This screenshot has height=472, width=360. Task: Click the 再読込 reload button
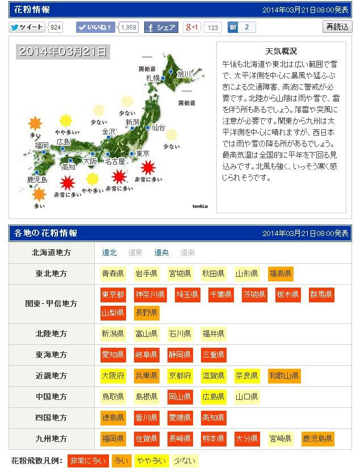tap(337, 27)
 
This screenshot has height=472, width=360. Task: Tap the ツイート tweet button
tap(27, 27)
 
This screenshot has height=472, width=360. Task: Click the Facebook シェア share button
tap(161, 27)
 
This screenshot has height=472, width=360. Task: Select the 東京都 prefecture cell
tap(113, 294)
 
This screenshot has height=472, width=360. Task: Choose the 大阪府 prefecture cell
tap(113, 376)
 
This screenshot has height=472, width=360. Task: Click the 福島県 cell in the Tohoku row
tap(281, 273)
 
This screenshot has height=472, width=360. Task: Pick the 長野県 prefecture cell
tap(146, 313)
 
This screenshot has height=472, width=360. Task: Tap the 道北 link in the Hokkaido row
tap(110, 253)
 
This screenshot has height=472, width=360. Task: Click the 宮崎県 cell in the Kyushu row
tap(281, 439)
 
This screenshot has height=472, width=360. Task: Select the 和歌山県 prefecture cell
tap(284, 376)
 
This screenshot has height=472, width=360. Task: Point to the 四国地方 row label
tap(51, 418)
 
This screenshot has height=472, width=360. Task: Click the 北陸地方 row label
tap(51, 334)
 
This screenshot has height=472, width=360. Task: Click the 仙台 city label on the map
tap(158, 128)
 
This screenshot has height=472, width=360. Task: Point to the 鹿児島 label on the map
tap(37, 179)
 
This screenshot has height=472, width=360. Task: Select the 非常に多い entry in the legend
tap(87, 461)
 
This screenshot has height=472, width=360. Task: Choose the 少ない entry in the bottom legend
tap(185, 461)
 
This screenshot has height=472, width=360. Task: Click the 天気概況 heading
tap(281, 51)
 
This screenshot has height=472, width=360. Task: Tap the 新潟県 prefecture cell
tap(113, 334)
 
